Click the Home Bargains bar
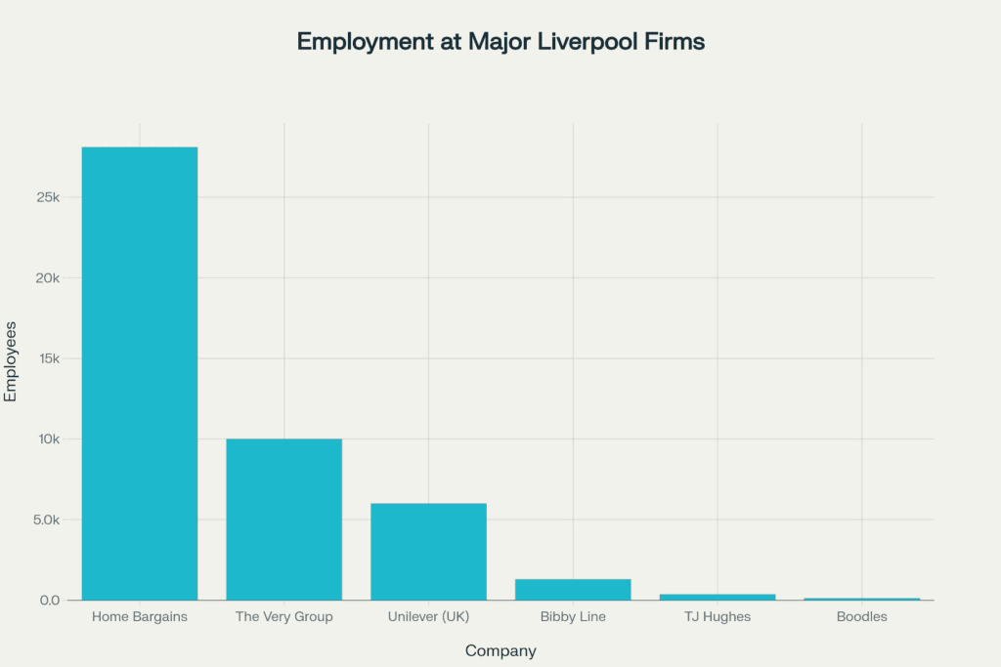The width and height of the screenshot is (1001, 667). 140,373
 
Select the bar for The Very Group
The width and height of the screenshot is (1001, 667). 284,519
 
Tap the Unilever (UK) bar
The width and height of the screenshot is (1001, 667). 428,551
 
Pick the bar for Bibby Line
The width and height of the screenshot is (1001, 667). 573,589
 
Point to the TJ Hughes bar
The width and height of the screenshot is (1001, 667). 718,597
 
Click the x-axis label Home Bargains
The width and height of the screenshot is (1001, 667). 140,617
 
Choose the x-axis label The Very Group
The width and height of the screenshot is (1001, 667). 284,617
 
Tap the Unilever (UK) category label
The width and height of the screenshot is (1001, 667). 428,617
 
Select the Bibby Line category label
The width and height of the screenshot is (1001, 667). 573,617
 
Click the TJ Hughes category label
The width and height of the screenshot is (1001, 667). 718,617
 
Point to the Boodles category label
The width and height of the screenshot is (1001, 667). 862,617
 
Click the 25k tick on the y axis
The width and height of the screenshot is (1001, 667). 46,197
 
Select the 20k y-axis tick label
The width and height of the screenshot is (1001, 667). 46,278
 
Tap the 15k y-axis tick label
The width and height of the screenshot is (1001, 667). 46,358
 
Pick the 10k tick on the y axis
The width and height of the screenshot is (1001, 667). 46,439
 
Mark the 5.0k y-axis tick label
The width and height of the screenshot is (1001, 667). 44,520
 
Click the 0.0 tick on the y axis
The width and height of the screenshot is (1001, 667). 50,601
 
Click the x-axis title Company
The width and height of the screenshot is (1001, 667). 500,651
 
